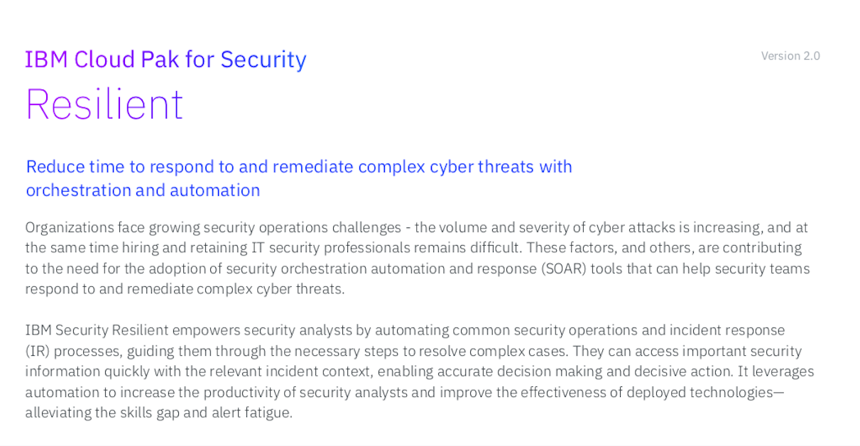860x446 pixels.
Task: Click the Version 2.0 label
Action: pos(790,56)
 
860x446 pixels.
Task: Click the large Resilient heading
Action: pos(104,104)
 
